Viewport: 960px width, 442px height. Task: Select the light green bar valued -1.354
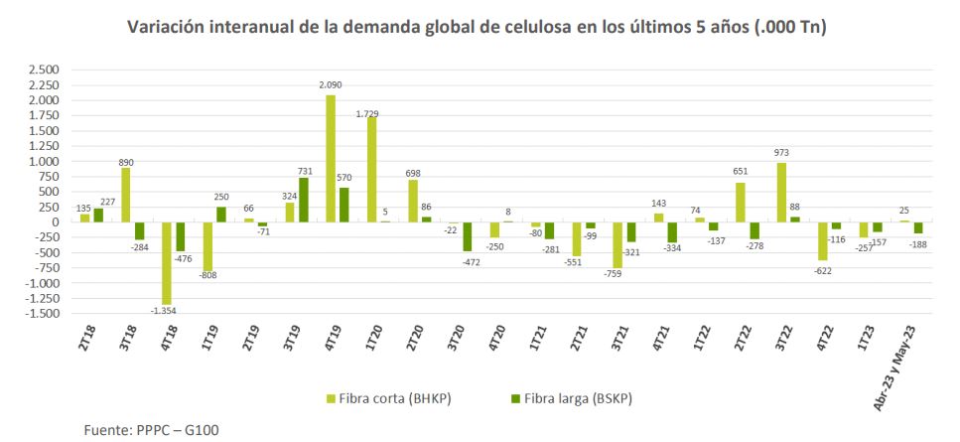tap(167, 263)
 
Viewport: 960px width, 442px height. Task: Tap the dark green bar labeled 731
tap(303, 200)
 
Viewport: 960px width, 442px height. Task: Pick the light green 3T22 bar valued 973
tap(781, 192)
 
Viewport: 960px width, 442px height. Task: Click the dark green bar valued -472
tap(467, 236)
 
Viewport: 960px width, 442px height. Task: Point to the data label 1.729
tap(370, 112)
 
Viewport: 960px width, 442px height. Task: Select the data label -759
tap(617, 274)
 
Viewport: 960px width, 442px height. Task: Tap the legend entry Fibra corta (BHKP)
tap(392, 398)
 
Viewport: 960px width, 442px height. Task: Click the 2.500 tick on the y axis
tap(44, 70)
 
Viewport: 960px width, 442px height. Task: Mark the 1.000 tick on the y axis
tap(44, 161)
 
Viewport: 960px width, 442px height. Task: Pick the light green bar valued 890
tap(126, 195)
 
